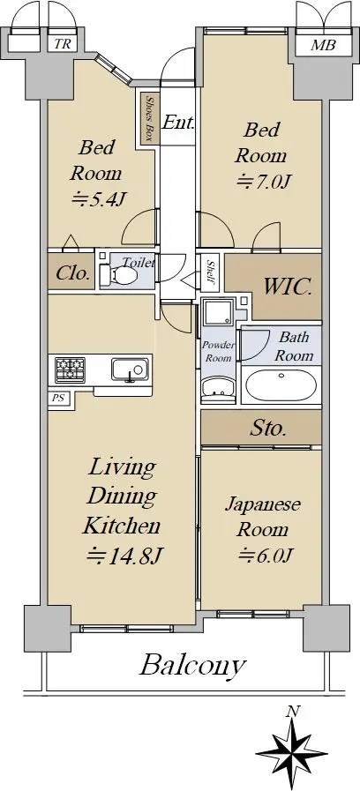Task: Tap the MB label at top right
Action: coord(323,45)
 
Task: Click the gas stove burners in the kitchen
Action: coord(71,370)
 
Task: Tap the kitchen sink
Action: coord(131,370)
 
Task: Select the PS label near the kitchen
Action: coord(57,397)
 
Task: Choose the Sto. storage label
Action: coord(268,429)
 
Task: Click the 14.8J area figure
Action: coord(124,556)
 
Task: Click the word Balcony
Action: coord(191,667)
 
